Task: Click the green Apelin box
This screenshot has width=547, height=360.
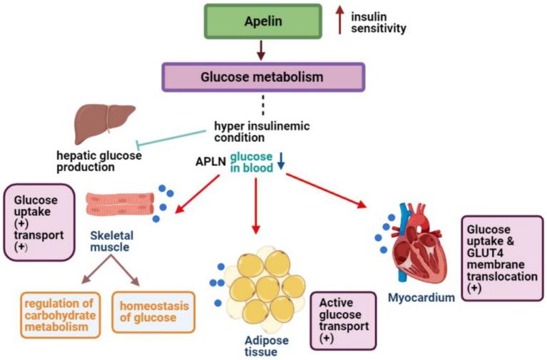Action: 263,21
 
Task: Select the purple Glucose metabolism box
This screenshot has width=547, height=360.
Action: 263,77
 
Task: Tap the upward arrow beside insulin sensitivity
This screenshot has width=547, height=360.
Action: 339,21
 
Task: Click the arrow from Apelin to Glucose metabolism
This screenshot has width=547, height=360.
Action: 261,51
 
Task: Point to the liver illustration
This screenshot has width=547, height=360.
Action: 105,124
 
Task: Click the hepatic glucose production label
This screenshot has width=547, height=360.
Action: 99,161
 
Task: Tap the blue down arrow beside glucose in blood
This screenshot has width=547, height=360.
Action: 281,161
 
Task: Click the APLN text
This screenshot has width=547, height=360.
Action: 210,162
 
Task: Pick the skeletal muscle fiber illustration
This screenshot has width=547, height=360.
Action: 120,204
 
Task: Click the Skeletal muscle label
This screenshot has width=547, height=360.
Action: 112,241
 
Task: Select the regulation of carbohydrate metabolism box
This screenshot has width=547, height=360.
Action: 61,315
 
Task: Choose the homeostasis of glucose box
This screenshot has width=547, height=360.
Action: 153,312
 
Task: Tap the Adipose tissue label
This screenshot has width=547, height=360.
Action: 267,346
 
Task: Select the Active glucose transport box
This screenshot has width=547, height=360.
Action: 343,320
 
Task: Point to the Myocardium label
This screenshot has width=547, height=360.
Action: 421,297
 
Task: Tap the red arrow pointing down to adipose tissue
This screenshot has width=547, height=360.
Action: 256,206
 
